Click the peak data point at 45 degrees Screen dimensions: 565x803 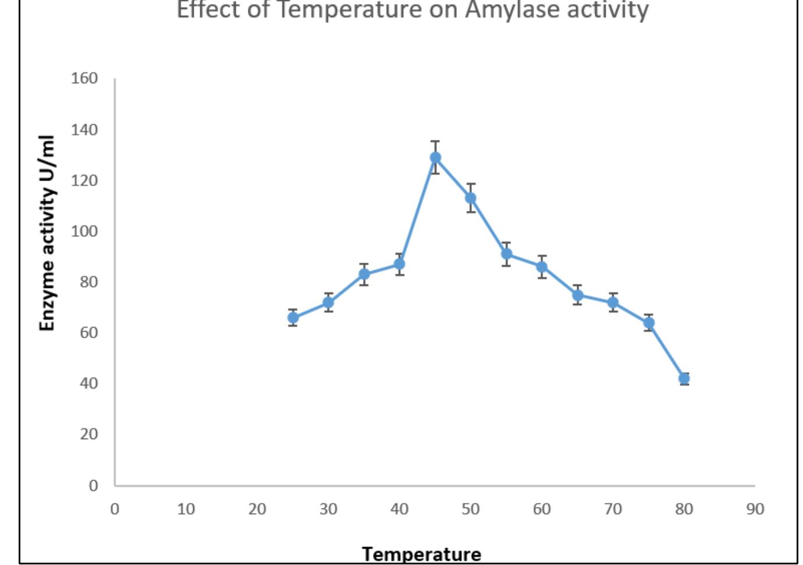(x=435, y=158)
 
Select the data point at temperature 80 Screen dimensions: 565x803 (x=684, y=379)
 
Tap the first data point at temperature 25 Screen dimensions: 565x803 (x=293, y=317)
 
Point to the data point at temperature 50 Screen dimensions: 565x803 (x=471, y=198)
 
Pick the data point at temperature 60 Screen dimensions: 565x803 (x=542, y=267)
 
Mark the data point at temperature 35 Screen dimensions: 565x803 (x=364, y=274)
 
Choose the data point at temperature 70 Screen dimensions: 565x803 (x=613, y=302)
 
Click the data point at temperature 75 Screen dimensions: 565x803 (x=649, y=323)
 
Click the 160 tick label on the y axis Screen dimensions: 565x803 (x=84, y=78)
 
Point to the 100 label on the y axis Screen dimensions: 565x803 (x=84, y=231)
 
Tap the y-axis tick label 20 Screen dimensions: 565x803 (x=88, y=434)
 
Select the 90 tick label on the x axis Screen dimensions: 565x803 (x=755, y=509)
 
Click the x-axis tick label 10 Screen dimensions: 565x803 (x=186, y=509)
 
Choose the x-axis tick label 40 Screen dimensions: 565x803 (x=399, y=509)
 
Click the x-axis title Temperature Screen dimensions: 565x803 (x=421, y=553)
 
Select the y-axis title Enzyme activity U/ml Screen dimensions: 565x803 (x=47, y=233)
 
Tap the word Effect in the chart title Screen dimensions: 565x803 (x=207, y=10)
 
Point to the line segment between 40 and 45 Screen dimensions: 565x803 (x=417, y=211)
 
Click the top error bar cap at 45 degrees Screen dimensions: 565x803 (x=435, y=141)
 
